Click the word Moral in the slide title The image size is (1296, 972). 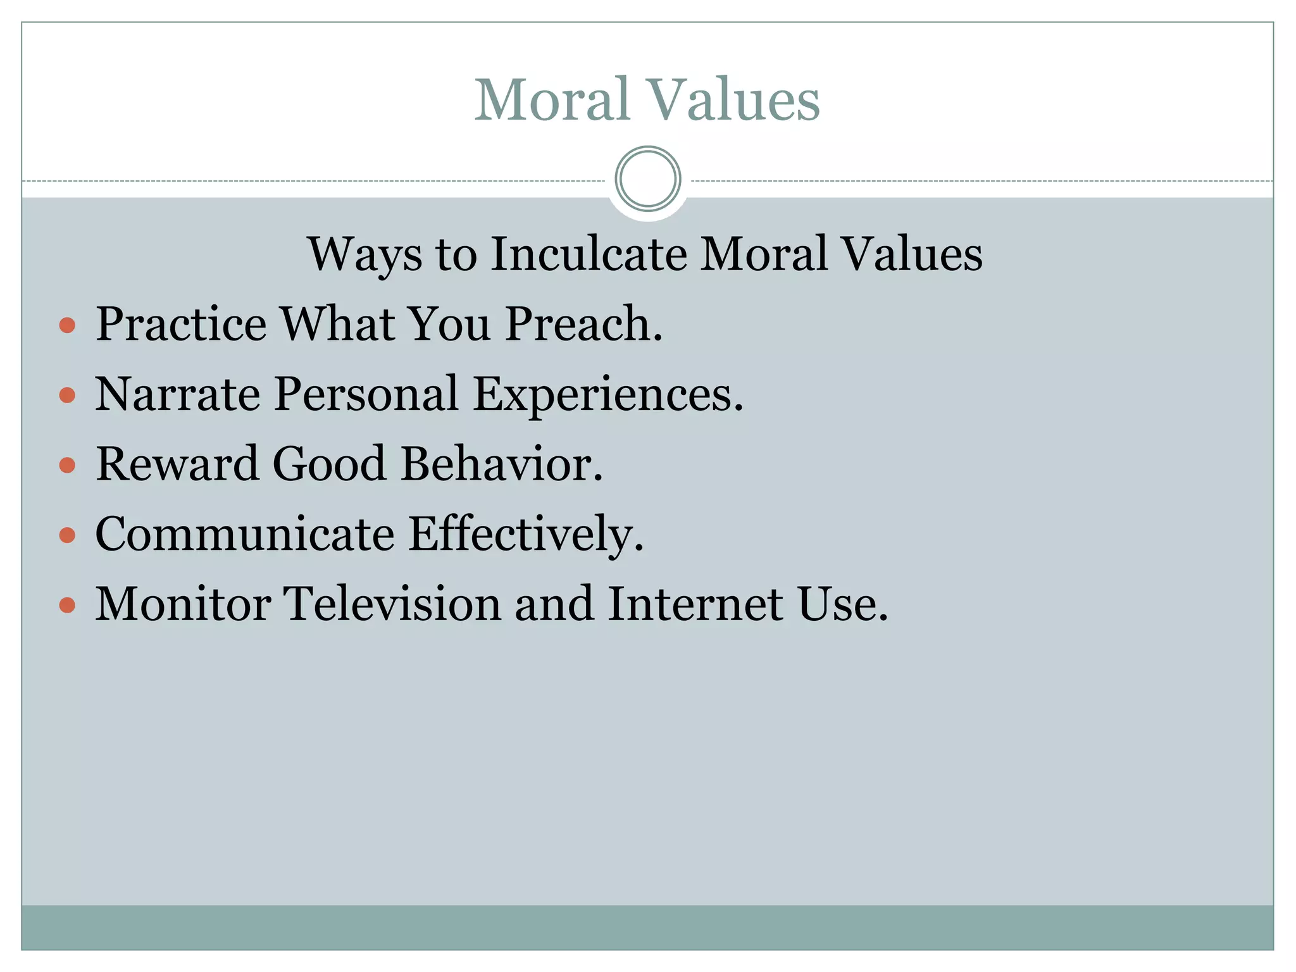pyautogui.click(x=552, y=99)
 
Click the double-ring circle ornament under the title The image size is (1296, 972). pyautogui.click(x=647, y=179)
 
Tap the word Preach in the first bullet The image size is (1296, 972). pyautogui.click(x=583, y=324)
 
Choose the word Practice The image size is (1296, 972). pyautogui.click(x=181, y=324)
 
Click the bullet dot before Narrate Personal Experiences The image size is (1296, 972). pyautogui.click(x=67, y=396)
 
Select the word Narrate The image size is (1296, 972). pyautogui.click(x=177, y=394)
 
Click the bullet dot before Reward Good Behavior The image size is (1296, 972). pyautogui.click(x=67, y=466)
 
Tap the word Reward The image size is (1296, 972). pyautogui.click(x=177, y=464)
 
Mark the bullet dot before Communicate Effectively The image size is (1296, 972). pyautogui.click(x=67, y=536)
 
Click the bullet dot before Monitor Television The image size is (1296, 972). pyautogui.click(x=67, y=606)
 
